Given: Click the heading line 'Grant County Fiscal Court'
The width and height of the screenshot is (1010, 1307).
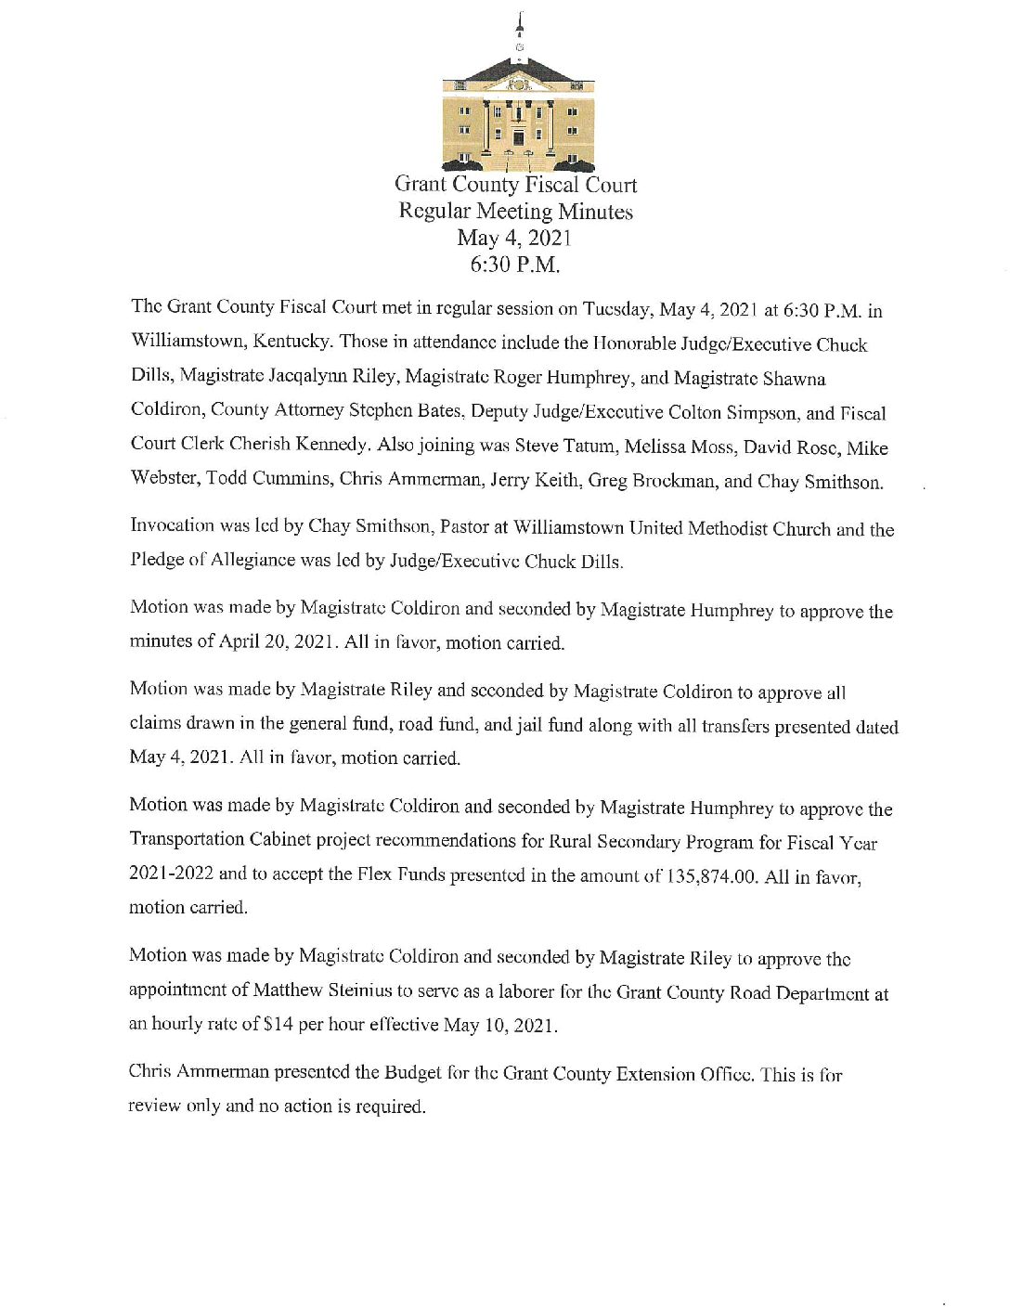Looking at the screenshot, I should (x=515, y=185).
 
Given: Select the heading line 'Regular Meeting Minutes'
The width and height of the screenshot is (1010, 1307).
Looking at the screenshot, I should (x=515, y=212).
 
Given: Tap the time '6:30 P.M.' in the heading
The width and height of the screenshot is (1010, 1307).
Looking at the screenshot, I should (x=515, y=265).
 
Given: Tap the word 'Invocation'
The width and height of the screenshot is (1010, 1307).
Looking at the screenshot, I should (x=175, y=525).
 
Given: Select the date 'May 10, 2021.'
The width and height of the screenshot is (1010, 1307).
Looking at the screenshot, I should (x=501, y=1026).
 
